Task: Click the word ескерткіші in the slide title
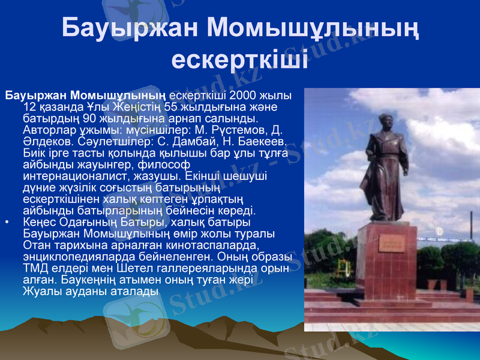tap(240, 59)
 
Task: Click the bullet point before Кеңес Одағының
tap(7, 223)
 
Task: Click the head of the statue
tap(383, 112)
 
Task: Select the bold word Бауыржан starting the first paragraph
tap(35, 96)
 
